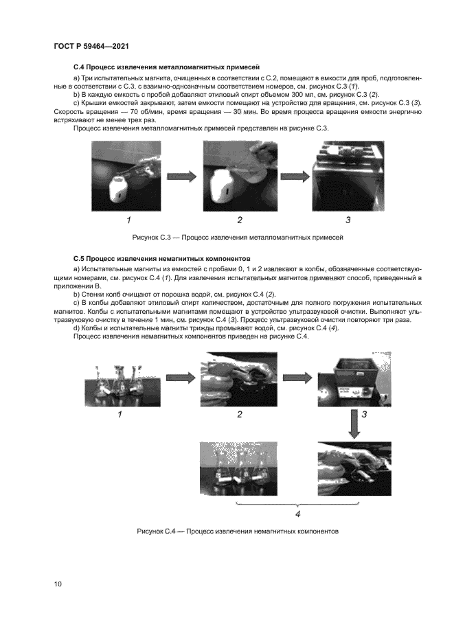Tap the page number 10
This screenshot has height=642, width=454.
click(57, 584)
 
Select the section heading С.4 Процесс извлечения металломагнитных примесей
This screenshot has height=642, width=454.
click(166, 68)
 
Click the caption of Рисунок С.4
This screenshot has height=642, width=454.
click(238, 531)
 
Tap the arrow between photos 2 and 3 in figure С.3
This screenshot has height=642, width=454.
click(294, 176)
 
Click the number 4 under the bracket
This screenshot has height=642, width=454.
click(297, 513)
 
